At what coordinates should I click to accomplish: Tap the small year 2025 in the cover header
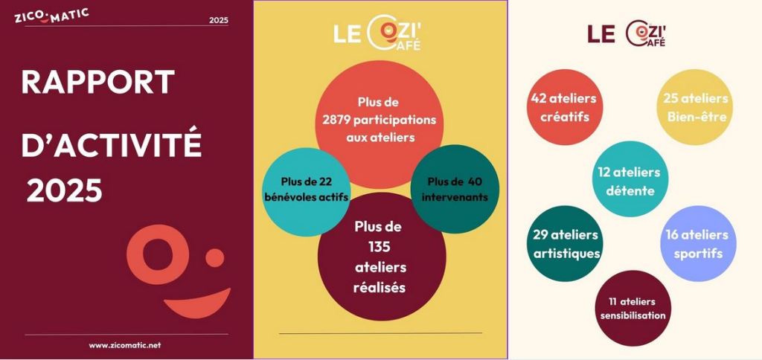(219, 20)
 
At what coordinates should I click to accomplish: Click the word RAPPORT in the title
(97, 82)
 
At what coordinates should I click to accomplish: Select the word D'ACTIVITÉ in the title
(112, 141)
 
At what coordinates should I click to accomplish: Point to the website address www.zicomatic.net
(125, 345)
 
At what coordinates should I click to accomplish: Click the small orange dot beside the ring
(215, 257)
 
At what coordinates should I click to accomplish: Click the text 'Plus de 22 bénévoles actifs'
(307, 190)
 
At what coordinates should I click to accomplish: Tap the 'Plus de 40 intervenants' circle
(455, 189)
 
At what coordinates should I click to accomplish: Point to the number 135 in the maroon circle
(380, 247)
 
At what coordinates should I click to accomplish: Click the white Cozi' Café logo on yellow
(377, 34)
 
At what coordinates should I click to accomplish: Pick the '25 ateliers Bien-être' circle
(696, 107)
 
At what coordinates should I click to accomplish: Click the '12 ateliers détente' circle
(630, 179)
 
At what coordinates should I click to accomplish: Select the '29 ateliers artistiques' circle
(566, 243)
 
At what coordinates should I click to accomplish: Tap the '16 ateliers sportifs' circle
(698, 243)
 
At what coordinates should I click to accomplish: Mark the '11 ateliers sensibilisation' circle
(633, 308)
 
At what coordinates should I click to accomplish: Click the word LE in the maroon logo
(601, 33)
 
